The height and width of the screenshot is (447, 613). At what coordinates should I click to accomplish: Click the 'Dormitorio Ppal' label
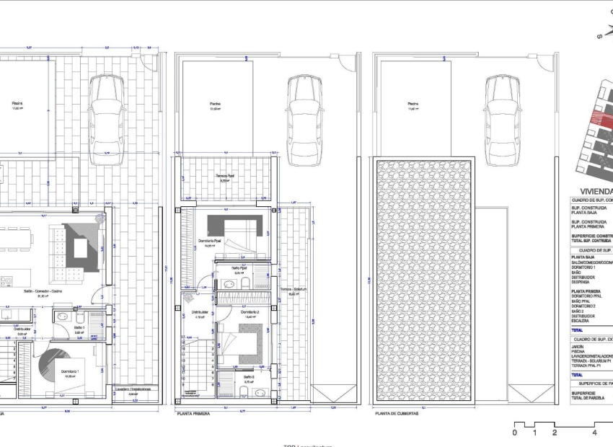tap(210, 241)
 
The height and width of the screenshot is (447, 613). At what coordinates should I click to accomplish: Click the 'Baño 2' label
tap(249, 376)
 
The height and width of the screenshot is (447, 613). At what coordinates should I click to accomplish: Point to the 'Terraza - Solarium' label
tap(293, 289)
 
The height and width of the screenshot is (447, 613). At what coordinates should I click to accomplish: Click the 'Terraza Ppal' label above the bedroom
tap(226, 176)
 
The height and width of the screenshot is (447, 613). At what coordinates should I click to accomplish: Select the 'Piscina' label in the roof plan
tap(413, 103)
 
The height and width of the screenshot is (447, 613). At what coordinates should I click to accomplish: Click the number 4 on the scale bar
tap(594, 433)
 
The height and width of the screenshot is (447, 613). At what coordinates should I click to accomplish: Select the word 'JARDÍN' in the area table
tap(578, 347)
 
